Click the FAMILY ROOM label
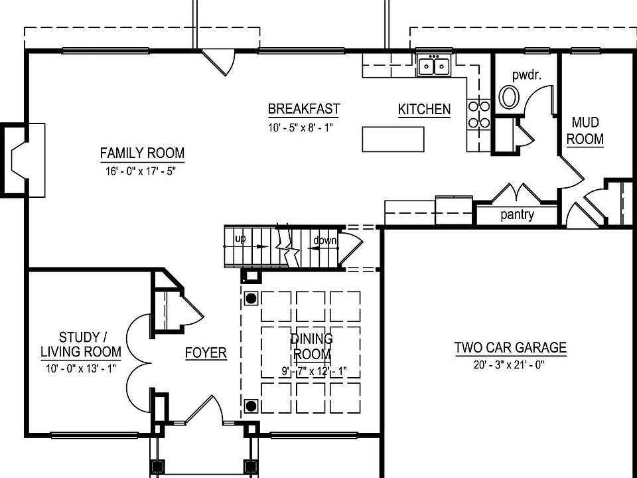[142, 153]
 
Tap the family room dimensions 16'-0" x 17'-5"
[142, 171]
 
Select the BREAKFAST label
[304, 109]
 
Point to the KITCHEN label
[424, 110]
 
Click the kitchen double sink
[434, 66]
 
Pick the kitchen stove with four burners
[480, 114]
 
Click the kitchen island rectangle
[393, 139]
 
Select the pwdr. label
[527, 74]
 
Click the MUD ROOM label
[585, 131]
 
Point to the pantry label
[517, 215]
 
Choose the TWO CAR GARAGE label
[510, 347]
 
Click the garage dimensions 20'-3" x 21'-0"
[510, 364]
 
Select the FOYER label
[206, 353]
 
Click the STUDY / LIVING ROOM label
[81, 344]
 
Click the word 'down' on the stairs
[325, 240]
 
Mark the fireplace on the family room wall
[23, 160]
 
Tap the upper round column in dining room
[251, 298]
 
